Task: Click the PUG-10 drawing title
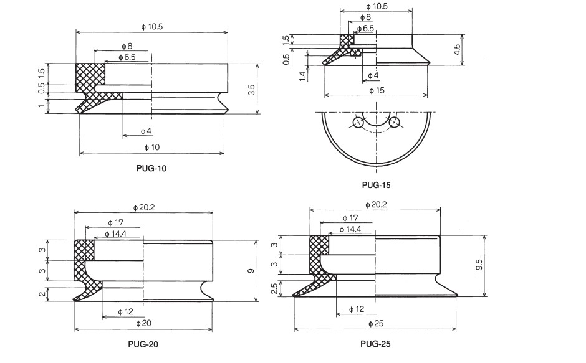pyautogui.click(x=151, y=168)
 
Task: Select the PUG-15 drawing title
pyautogui.click(x=376, y=184)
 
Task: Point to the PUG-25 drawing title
pyautogui.click(x=377, y=343)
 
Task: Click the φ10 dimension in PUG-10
pyautogui.click(x=152, y=148)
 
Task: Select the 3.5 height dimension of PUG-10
pyautogui.click(x=251, y=90)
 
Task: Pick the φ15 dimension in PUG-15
pyautogui.click(x=377, y=90)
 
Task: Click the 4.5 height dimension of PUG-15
pyautogui.click(x=457, y=50)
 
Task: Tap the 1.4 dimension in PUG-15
pyautogui.click(x=302, y=75)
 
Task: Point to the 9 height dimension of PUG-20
pyautogui.click(x=250, y=271)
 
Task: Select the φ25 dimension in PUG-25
pyautogui.click(x=377, y=323)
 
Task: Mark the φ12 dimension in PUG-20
pyautogui.click(x=126, y=311)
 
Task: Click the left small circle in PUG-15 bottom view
pyautogui.click(x=358, y=123)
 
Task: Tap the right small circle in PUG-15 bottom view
pyautogui.click(x=393, y=123)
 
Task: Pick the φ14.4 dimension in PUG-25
pyautogui.click(x=351, y=230)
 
